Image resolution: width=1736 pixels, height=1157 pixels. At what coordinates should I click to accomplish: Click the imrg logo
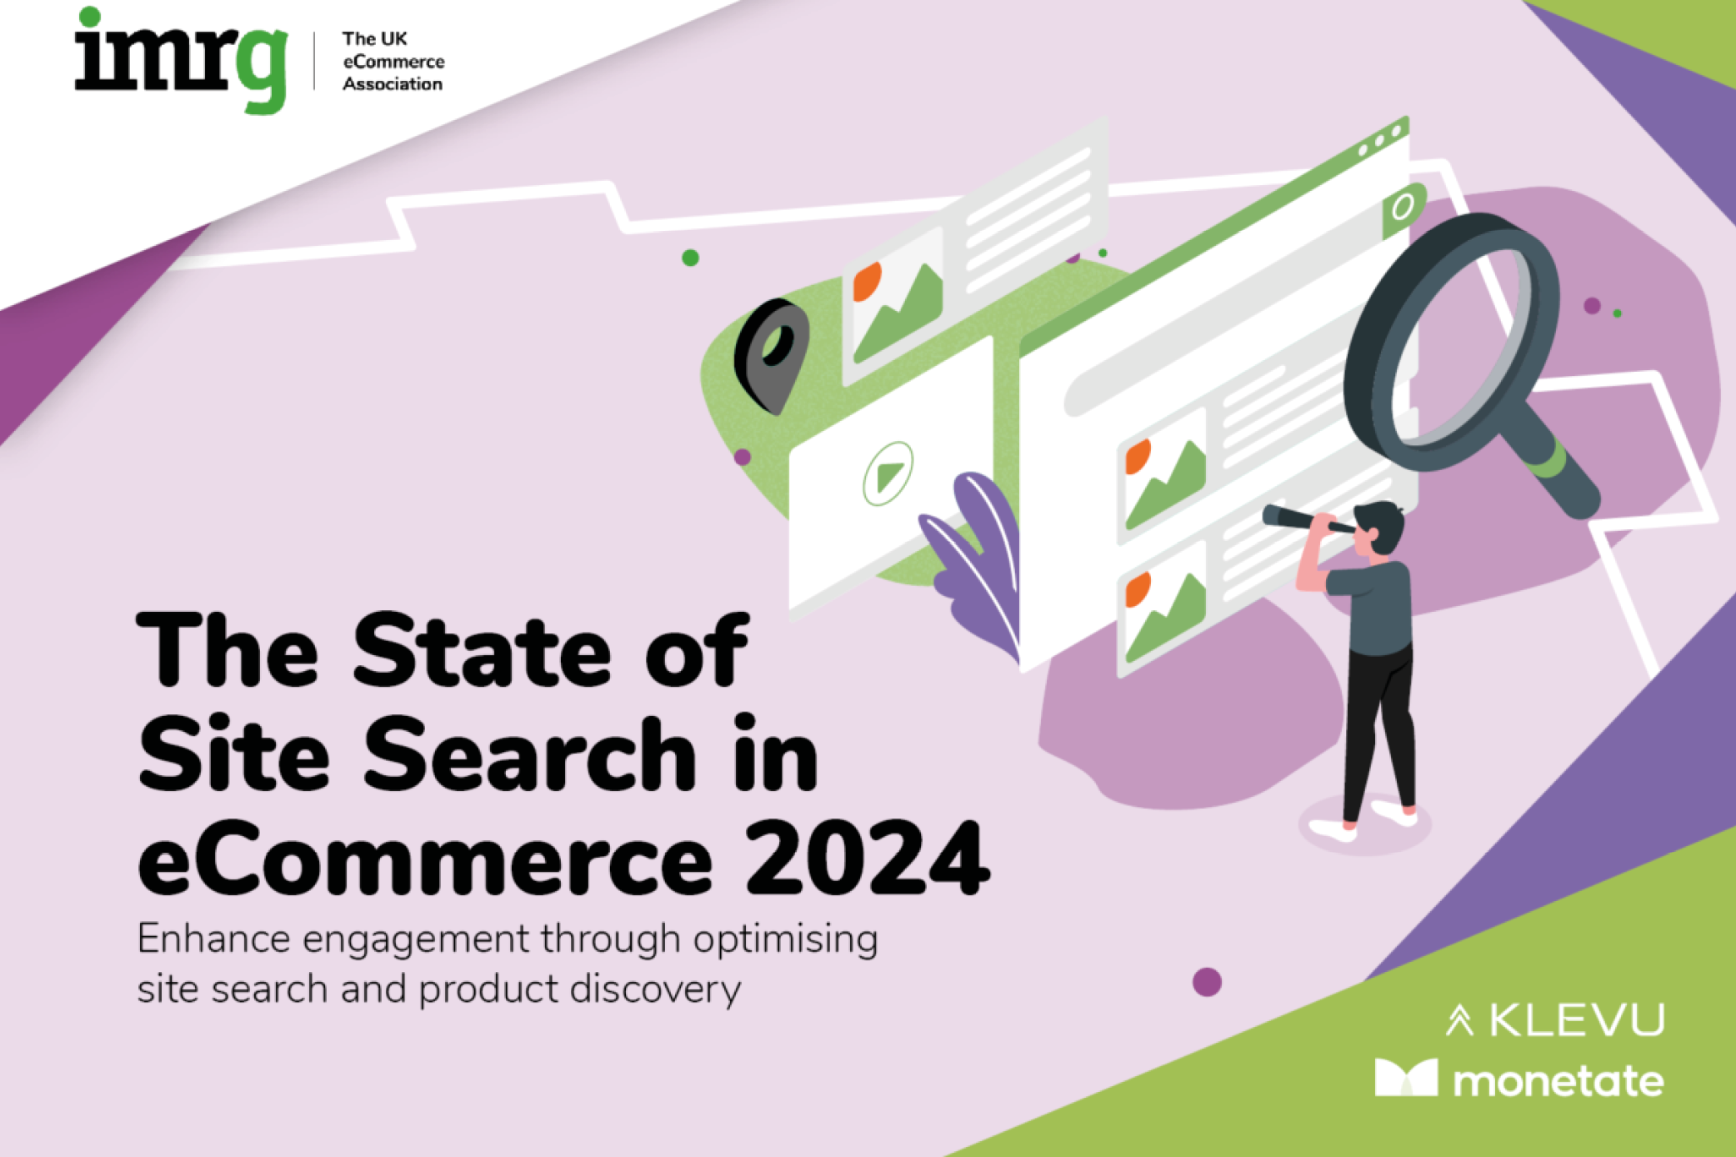pyautogui.click(x=181, y=60)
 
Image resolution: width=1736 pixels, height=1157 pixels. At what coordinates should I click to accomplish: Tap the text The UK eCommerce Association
pyautogui.click(x=393, y=61)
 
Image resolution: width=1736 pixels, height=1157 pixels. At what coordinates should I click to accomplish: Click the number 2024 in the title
pyautogui.click(x=867, y=859)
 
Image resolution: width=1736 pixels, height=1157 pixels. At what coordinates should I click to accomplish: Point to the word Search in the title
pyautogui.click(x=530, y=755)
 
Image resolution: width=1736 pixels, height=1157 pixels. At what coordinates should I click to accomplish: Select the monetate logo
pyautogui.click(x=1518, y=1080)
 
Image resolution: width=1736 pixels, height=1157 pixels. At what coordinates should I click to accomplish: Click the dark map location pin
pyautogui.click(x=772, y=353)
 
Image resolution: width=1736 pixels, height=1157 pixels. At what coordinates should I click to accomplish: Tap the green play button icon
pyautogui.click(x=888, y=473)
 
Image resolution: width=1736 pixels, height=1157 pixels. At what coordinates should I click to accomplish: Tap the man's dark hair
pyautogui.click(x=1384, y=521)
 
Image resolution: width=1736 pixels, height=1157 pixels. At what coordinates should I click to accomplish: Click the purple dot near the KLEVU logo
pyautogui.click(x=1207, y=982)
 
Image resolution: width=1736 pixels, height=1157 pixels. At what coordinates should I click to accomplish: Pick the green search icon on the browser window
pyautogui.click(x=1403, y=207)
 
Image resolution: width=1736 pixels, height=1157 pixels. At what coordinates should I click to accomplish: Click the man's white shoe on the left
pyautogui.click(x=1332, y=829)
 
